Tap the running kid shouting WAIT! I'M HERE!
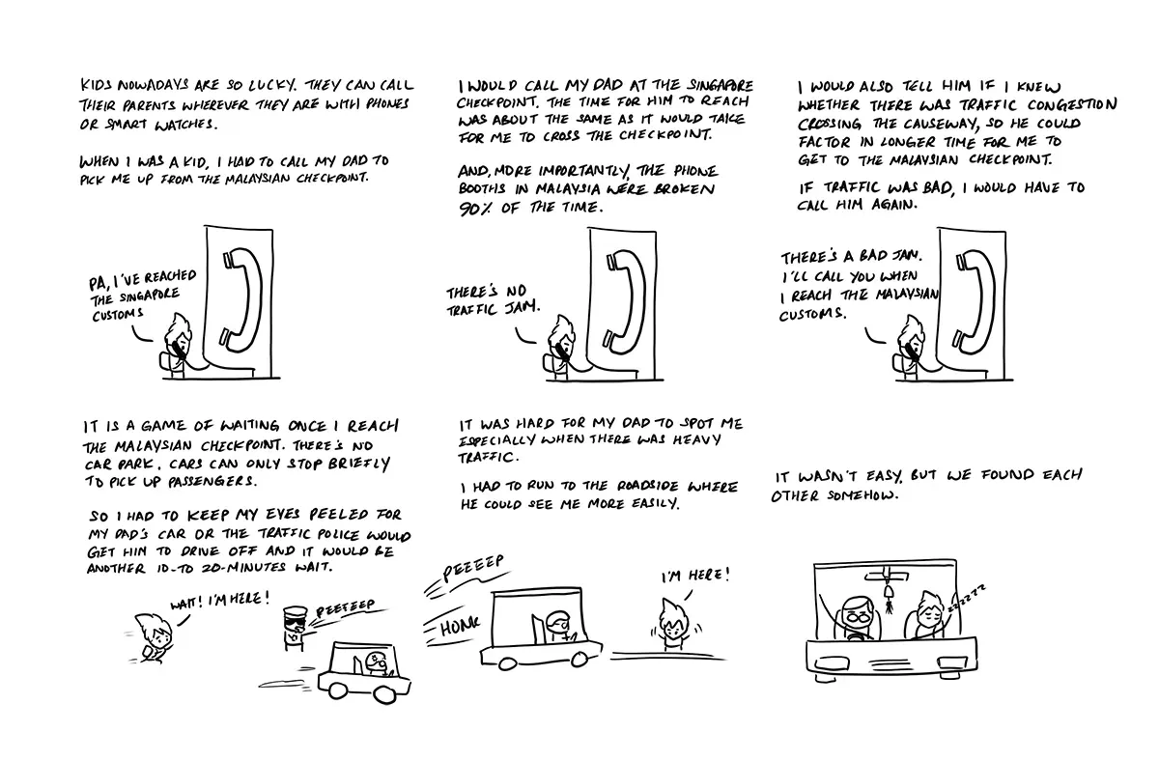pos(153,637)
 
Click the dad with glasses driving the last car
pos(858,618)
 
